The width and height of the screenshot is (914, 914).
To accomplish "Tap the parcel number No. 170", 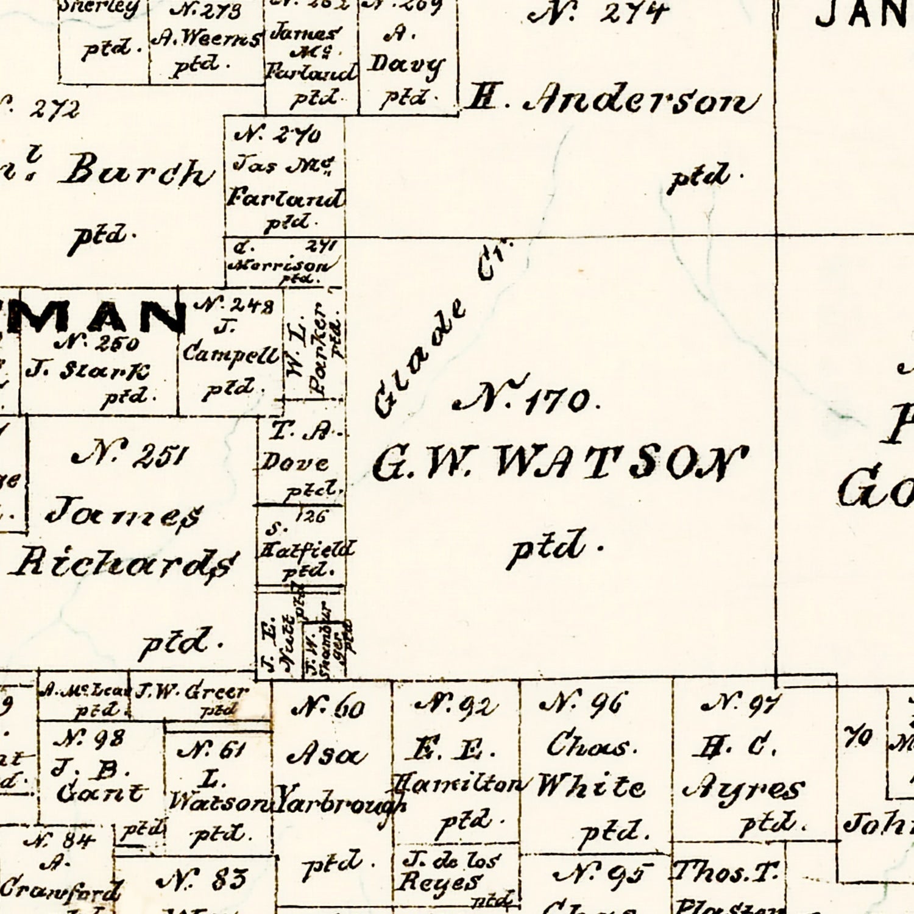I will (528, 399).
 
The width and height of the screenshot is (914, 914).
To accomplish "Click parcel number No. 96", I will (582, 705).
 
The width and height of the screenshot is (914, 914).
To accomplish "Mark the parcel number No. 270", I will (278, 135).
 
